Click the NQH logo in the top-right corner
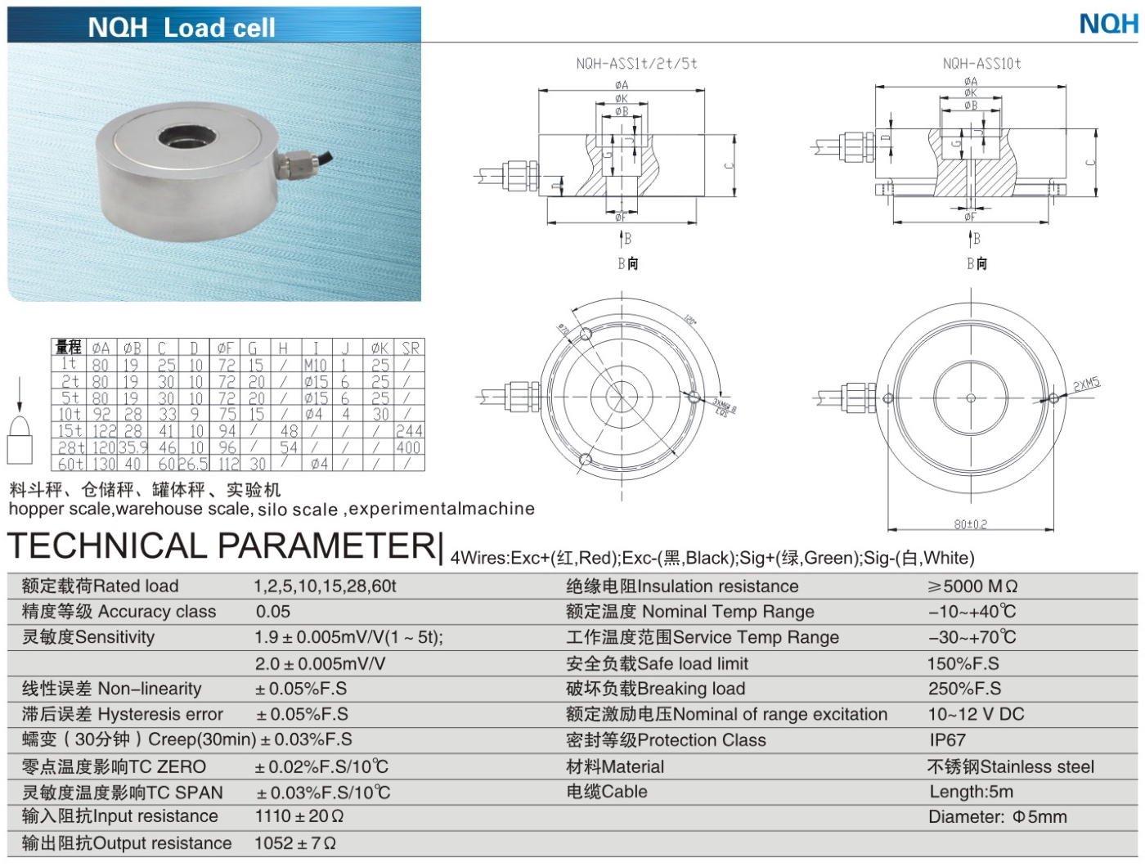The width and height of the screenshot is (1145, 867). point(1108,23)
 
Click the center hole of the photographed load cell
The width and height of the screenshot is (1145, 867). point(182,137)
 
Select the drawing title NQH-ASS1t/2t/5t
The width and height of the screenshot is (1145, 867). point(636,63)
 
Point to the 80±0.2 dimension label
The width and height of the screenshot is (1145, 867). point(970,524)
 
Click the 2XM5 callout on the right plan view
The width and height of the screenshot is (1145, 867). point(1087,384)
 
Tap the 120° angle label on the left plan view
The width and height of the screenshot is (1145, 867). point(690,320)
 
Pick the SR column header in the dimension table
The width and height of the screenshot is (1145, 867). point(411,348)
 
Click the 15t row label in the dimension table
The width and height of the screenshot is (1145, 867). point(70,430)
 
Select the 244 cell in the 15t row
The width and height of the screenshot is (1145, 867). point(409,430)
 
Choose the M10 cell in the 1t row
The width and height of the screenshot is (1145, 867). point(315,365)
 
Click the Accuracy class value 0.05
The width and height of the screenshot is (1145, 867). point(273,612)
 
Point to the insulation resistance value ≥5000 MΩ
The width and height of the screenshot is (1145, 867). point(972,586)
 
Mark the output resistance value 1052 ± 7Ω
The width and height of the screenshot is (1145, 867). point(295,843)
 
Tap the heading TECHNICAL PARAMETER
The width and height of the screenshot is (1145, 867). point(221,546)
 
